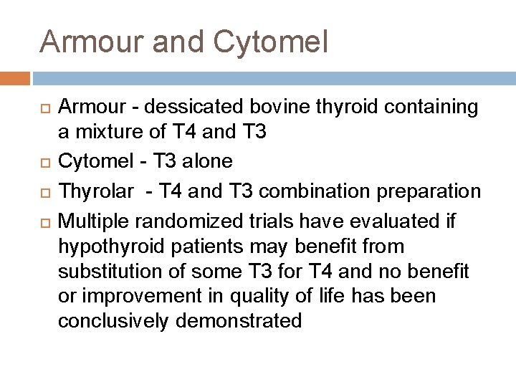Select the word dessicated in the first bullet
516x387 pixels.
[183, 107]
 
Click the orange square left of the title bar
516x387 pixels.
[15, 77]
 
